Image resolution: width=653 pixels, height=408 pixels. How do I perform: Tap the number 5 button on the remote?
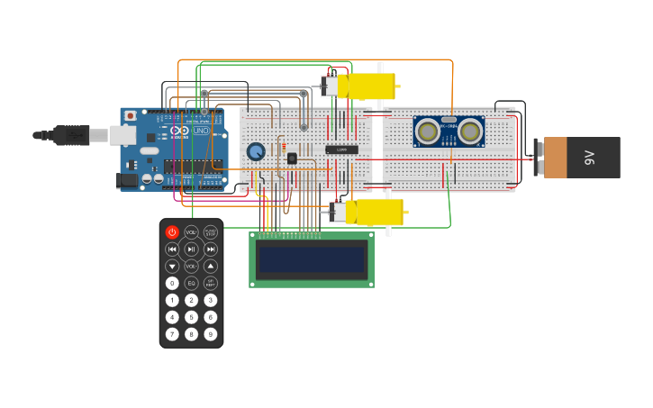click(x=191, y=317)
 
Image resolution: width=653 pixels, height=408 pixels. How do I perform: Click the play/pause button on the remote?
click(x=191, y=249)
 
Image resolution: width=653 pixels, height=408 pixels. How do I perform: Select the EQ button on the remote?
click(x=191, y=283)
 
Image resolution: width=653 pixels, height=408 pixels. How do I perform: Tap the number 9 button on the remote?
click(x=210, y=334)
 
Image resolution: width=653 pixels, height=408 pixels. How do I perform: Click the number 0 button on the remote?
click(x=172, y=283)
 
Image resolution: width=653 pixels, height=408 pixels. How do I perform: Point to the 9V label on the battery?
click(x=591, y=158)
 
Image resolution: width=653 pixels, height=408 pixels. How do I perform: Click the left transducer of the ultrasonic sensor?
click(x=428, y=131)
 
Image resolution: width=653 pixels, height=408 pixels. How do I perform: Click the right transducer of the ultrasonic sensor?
click(x=469, y=131)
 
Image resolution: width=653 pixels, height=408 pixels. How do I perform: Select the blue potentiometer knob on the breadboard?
click(x=256, y=152)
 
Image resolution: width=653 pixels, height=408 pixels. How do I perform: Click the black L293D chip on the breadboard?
click(x=341, y=149)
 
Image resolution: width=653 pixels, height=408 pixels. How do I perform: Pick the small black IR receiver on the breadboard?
click(x=292, y=159)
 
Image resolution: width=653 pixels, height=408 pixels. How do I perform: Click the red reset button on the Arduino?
click(x=131, y=116)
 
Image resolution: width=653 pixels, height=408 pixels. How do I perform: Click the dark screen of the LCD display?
click(x=312, y=259)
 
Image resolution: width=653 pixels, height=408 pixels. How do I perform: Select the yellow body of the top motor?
click(x=370, y=86)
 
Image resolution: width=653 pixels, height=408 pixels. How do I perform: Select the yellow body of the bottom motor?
click(x=379, y=213)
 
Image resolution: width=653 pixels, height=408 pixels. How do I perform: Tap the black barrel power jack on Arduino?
click(x=127, y=180)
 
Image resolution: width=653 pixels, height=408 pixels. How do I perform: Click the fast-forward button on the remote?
click(x=210, y=249)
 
